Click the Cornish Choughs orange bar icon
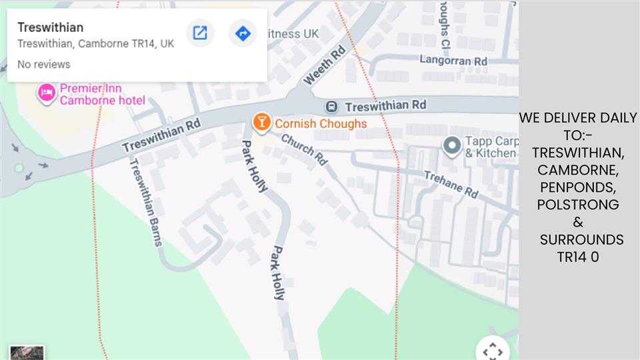click(261, 122)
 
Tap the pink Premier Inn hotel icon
click(46, 93)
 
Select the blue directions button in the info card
click(243, 33)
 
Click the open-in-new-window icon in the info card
click(200, 33)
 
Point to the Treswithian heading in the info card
click(50, 27)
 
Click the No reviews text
click(43, 64)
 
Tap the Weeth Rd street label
click(325, 65)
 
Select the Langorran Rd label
click(453, 61)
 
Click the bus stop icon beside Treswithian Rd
click(331, 107)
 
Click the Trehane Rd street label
click(451, 183)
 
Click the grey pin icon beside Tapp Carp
click(452, 145)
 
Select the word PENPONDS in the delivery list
click(577, 187)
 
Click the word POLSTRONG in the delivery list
click(578, 205)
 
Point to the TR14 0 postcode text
click(578, 257)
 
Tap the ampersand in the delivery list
click(577, 222)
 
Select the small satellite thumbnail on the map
click(27, 353)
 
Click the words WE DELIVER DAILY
click(578, 118)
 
